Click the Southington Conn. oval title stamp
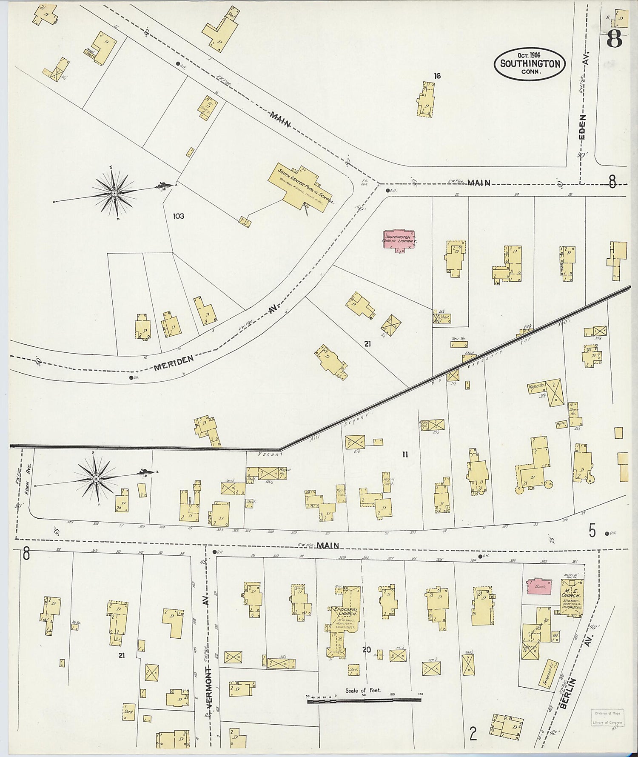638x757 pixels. click(530, 64)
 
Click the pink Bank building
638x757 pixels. click(539, 587)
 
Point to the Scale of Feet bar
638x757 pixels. click(364, 699)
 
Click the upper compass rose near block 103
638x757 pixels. click(115, 194)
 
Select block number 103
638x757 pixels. click(178, 216)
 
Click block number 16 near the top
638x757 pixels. click(437, 76)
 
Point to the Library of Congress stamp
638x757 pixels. click(607, 717)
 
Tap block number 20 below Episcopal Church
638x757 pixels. click(366, 649)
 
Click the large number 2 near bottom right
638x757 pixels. click(472, 734)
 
